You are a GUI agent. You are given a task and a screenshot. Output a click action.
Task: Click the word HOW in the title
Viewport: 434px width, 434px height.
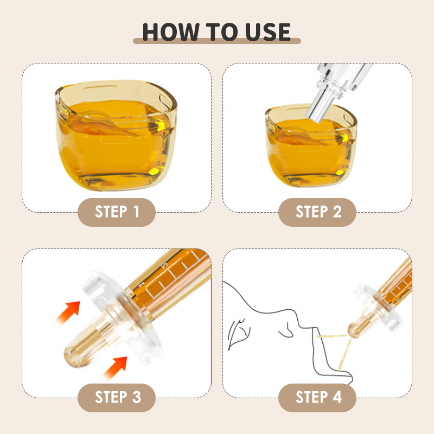171,32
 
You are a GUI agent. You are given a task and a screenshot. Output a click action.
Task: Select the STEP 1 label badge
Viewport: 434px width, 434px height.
117,212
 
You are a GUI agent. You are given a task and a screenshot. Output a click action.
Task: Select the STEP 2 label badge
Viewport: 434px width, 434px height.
317,212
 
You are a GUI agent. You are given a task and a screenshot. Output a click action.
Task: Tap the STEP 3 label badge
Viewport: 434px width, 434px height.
117,398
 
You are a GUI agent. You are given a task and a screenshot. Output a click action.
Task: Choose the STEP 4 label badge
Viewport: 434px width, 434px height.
317,398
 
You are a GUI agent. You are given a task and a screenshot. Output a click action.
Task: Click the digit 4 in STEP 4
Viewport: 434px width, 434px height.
337,397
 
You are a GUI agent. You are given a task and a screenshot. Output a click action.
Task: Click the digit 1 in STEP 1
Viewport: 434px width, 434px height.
136,212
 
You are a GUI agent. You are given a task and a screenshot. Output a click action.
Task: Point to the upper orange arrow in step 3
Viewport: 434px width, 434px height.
68,312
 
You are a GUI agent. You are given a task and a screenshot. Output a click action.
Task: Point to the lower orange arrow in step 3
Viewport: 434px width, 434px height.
116,368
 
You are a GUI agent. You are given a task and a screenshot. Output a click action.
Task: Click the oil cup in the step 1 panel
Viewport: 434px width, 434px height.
116,135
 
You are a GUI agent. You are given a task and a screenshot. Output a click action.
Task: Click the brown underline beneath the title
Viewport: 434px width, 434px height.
216,41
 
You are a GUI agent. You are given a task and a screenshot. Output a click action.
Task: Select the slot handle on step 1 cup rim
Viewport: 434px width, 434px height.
100,88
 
